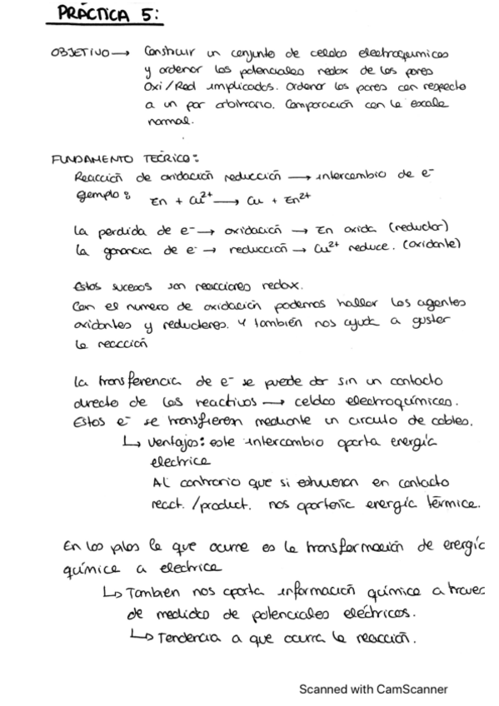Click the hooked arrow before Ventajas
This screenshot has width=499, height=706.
(x=135, y=440)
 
